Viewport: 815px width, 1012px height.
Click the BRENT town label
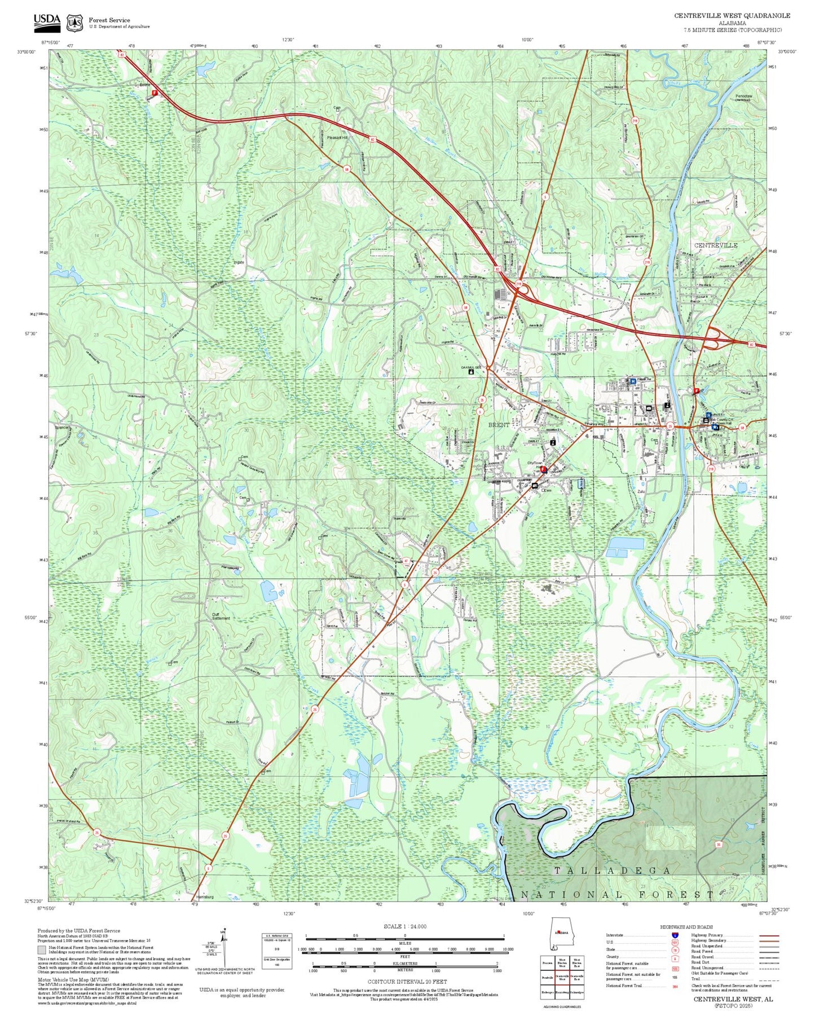tap(498, 425)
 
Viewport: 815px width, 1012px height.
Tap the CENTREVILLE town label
tap(715, 245)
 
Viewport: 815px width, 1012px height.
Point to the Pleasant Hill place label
tap(337, 138)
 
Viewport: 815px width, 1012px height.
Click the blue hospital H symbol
tap(633, 381)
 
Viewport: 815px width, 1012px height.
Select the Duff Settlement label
tap(221, 616)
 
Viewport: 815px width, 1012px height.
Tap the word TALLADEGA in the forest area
tap(612, 870)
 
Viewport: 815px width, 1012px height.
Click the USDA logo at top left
tap(47, 21)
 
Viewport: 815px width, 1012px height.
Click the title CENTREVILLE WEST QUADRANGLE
tap(732, 16)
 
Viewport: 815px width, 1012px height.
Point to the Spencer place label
tap(62, 428)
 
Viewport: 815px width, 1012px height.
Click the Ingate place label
tap(239, 262)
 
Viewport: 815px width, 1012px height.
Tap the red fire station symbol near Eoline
tap(155, 93)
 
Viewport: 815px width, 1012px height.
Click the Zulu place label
tap(641, 492)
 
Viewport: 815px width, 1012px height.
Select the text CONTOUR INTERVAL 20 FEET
tap(407, 982)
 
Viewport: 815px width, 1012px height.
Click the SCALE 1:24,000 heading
tap(405, 926)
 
